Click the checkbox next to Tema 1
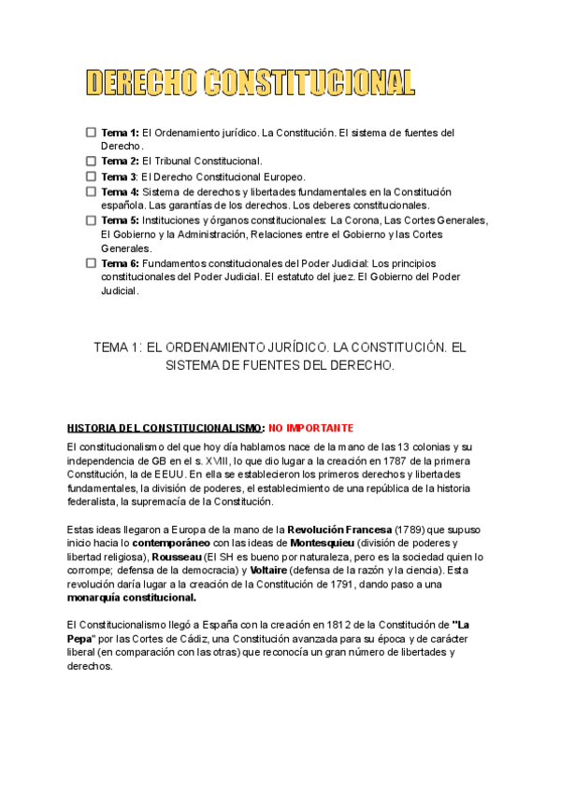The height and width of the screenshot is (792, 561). pyautogui.click(x=91, y=133)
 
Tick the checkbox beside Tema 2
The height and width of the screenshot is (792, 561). pyautogui.click(x=91, y=162)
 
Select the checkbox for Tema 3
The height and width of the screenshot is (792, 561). pyautogui.click(x=91, y=176)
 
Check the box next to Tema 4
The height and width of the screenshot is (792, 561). pyautogui.click(x=91, y=191)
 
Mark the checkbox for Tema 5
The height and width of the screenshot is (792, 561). pyautogui.click(x=91, y=220)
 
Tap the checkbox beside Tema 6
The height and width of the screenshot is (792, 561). pyautogui.click(x=91, y=263)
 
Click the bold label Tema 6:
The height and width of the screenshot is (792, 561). pyautogui.click(x=120, y=263)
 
